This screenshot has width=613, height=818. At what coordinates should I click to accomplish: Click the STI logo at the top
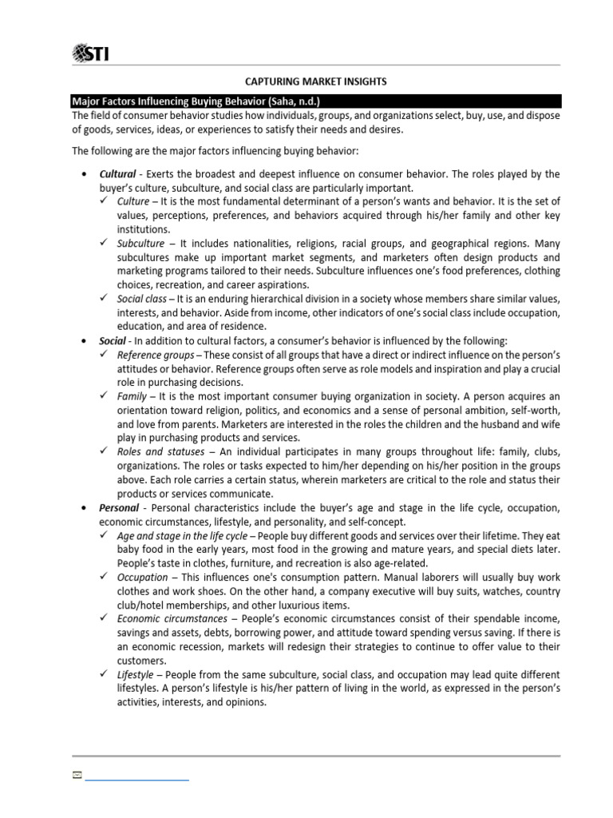pyautogui.click(x=91, y=53)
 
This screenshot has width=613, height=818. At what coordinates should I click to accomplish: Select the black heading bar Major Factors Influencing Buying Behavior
pyautogui.click(x=316, y=101)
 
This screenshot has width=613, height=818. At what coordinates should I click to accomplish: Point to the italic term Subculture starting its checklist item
pyautogui.click(x=140, y=243)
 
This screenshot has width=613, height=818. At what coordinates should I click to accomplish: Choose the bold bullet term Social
pyautogui.click(x=113, y=340)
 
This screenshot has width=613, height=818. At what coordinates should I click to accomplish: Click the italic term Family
pyautogui.click(x=132, y=396)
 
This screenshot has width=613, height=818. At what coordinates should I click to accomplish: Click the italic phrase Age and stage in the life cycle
pyautogui.click(x=182, y=536)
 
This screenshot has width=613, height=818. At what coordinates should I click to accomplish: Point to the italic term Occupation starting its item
pyautogui.click(x=142, y=577)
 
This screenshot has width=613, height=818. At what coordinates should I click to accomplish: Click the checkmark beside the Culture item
pyautogui.click(x=103, y=201)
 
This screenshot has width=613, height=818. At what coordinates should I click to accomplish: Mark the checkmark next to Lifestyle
pyautogui.click(x=103, y=674)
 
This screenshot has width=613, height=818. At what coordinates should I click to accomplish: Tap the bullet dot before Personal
pyautogui.click(x=85, y=508)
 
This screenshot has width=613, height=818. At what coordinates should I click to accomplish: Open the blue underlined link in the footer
pyautogui.click(x=136, y=776)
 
